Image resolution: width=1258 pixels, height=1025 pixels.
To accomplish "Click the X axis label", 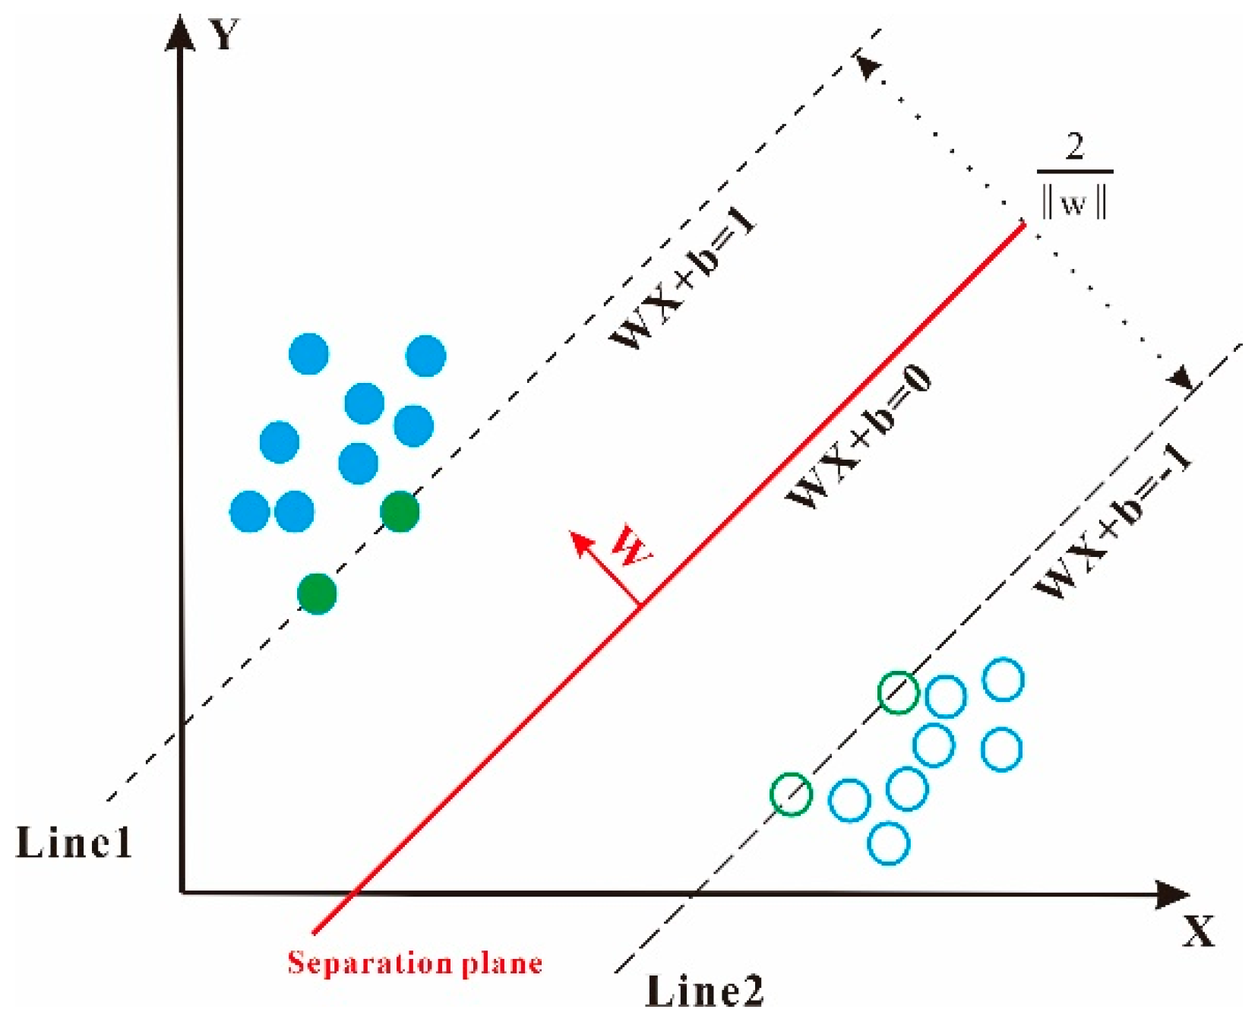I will [x=1198, y=930].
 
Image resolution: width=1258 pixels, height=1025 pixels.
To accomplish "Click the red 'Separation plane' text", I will [x=415, y=963].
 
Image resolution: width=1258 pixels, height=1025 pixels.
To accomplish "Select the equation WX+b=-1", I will [x=1113, y=524].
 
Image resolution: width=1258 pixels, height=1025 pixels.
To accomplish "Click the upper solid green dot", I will [x=400, y=511].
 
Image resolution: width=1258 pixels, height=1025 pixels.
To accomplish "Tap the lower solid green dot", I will [x=317, y=593].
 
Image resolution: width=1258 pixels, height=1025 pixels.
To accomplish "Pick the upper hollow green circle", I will [x=898, y=692].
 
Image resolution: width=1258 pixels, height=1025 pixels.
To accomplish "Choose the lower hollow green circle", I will [x=791, y=795].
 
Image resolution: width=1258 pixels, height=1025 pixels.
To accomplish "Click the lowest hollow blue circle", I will [x=888, y=843].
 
